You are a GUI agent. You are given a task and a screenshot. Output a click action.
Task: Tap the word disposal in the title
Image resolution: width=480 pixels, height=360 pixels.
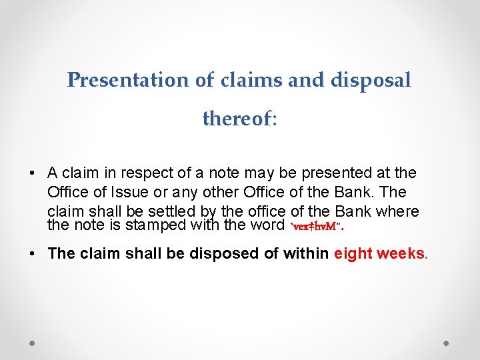click(x=371, y=80)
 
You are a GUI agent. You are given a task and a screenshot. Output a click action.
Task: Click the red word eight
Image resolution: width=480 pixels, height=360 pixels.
click(x=353, y=253)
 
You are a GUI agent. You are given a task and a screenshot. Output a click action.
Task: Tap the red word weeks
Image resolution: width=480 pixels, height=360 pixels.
click(x=400, y=253)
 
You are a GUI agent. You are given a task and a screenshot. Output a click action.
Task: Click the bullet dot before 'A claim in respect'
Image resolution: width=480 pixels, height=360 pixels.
click(x=32, y=173)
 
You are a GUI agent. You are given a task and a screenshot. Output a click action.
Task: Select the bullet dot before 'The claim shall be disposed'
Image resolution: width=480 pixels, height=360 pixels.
click(x=32, y=253)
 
